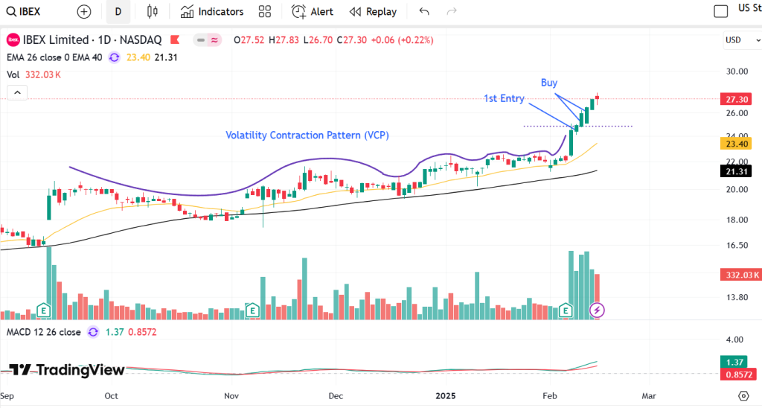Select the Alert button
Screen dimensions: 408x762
312,11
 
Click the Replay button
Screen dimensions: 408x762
373,11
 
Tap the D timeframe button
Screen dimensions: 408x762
118,11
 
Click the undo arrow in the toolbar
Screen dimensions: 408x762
424,11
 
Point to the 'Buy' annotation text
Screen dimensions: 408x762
549,83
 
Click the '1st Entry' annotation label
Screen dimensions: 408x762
504,98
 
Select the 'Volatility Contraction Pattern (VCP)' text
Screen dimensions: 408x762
307,136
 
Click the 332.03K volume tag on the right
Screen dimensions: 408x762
740,275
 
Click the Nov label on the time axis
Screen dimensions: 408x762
231,395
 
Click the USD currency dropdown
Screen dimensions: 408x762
737,40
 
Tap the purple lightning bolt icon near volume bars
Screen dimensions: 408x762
597,310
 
